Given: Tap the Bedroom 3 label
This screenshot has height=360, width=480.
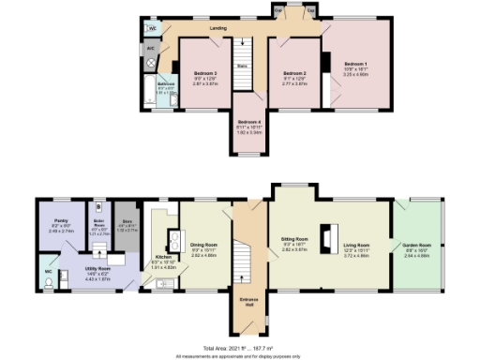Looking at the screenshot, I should coord(205,73).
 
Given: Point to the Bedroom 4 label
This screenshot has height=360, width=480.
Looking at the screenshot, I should coord(248,123).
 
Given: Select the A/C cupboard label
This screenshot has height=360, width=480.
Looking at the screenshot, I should coord(150,47).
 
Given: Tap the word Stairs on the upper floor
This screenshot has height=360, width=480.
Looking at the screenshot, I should coord(241,66).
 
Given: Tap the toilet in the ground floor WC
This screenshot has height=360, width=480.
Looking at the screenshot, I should coord(48,282).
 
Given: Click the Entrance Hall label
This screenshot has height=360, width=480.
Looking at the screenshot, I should coord(248,302).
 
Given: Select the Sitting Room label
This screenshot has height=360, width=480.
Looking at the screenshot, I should coord(294,247).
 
